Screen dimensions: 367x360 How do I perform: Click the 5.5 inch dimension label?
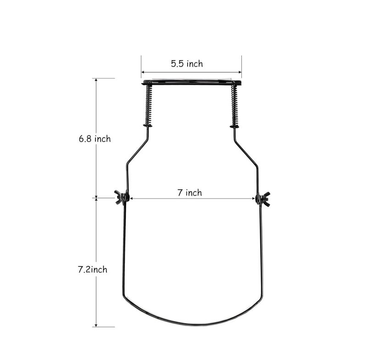point(187,64)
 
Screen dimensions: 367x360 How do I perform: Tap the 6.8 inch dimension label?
point(95,138)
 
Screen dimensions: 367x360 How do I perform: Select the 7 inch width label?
point(189,193)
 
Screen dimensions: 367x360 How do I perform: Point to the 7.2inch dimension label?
point(93,270)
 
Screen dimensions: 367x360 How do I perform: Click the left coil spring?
point(148,104)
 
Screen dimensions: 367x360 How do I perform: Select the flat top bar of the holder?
point(191,83)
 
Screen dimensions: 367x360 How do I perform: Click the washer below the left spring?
point(148,126)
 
